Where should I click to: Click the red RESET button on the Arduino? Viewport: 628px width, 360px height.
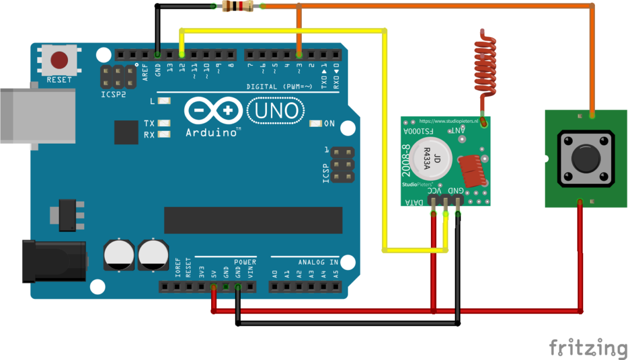click(59, 60)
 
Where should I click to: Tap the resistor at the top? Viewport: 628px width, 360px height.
click(238, 6)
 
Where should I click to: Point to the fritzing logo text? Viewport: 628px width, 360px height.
click(587, 347)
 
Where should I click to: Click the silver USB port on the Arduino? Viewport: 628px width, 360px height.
click(35, 115)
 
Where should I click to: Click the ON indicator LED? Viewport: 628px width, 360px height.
click(316, 123)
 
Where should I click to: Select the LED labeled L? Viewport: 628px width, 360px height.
click(163, 101)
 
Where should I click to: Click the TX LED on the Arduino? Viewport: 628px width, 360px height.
click(163, 123)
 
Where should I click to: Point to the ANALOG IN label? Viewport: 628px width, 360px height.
click(318, 262)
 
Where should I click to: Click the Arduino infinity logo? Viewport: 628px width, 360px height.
click(213, 111)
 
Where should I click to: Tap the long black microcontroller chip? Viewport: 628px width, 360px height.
click(253, 220)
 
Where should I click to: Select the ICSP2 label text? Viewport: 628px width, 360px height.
click(113, 94)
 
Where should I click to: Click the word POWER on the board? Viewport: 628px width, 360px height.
click(245, 262)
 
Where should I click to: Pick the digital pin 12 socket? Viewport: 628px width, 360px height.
click(182, 55)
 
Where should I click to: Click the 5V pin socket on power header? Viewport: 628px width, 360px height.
click(213, 287)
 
